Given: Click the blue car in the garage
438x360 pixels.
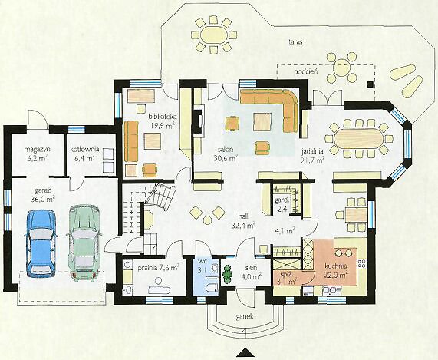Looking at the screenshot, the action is [x=41, y=243].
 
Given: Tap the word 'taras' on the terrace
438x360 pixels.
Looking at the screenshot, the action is [x=296, y=42].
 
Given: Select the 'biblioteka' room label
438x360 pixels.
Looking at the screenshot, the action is [x=162, y=116].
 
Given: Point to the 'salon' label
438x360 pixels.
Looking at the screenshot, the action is [x=226, y=150].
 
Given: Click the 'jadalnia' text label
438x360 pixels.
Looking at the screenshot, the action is [x=312, y=152].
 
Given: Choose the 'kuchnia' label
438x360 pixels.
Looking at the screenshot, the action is [x=335, y=266].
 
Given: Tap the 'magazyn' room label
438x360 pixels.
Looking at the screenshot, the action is [x=37, y=149].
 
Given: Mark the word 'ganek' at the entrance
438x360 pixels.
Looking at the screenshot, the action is [x=245, y=317].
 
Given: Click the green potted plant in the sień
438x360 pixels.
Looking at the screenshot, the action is [x=228, y=274].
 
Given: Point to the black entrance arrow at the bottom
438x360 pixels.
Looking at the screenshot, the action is [x=245, y=353].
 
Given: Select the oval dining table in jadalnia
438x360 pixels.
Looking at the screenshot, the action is [x=358, y=139].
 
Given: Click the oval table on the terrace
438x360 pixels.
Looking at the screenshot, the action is [x=214, y=35].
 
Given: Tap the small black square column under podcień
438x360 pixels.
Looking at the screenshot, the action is [x=370, y=84].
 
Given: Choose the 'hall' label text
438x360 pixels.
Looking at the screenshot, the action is [x=243, y=216].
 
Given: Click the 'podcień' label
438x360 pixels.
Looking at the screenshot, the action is [x=306, y=72].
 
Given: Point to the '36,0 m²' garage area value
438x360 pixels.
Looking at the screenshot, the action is [x=43, y=200].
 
